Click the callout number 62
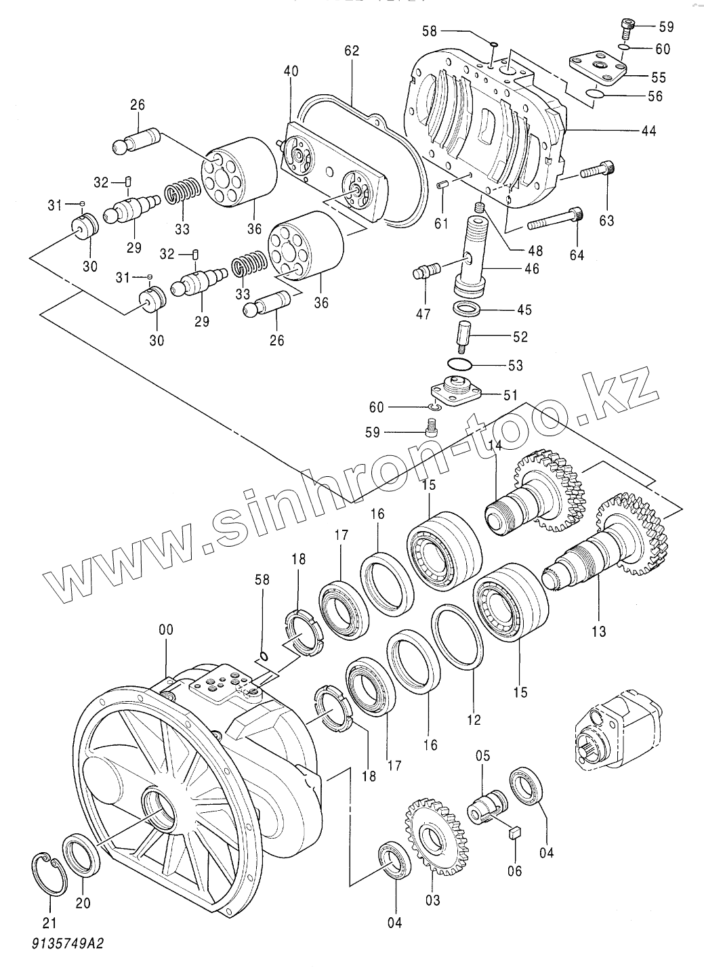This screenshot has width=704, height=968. (352, 51)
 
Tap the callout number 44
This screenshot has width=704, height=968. (648, 131)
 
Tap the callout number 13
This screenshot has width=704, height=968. (598, 632)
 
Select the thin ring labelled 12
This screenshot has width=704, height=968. (458, 637)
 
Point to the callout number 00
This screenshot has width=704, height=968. (165, 629)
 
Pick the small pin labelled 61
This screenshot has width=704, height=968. (442, 186)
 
